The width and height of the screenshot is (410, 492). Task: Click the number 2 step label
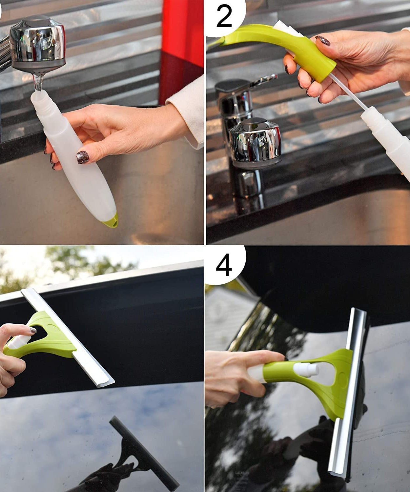[x=224, y=17]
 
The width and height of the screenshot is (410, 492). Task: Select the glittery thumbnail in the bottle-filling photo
[x=82, y=157]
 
